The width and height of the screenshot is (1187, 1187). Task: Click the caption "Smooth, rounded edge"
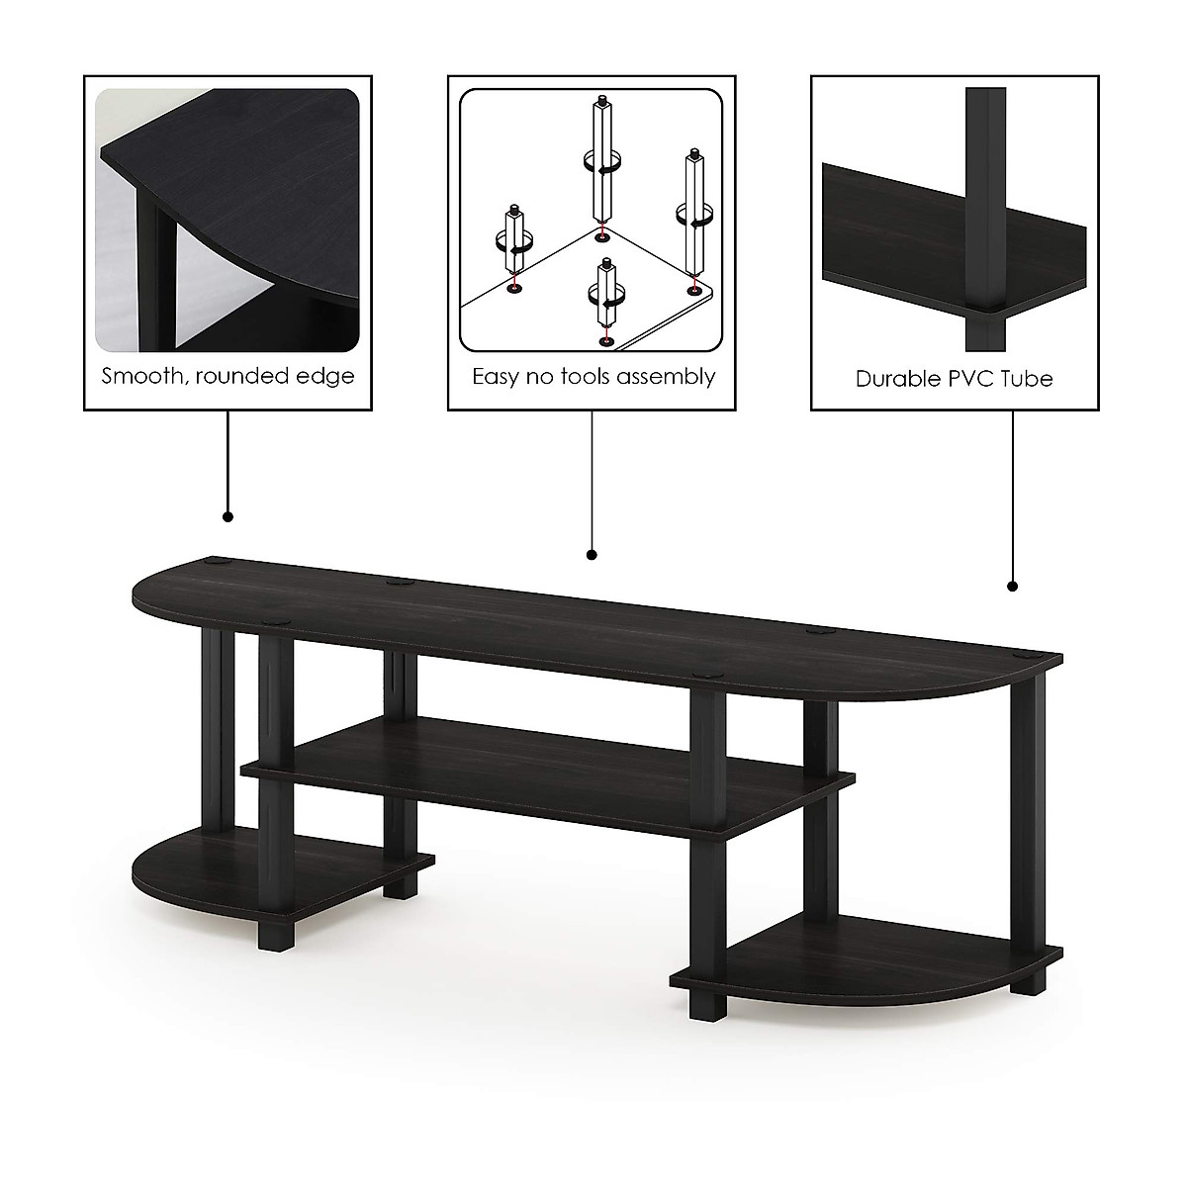[x=228, y=376]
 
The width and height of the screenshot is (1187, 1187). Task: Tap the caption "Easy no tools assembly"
[x=593, y=376]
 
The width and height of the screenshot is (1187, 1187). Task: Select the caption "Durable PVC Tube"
[x=954, y=378]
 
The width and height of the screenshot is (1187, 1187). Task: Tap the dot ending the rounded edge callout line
[x=228, y=516]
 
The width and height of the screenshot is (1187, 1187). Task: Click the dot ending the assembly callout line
[x=592, y=555]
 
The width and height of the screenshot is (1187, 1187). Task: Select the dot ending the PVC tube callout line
[x=1012, y=586]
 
